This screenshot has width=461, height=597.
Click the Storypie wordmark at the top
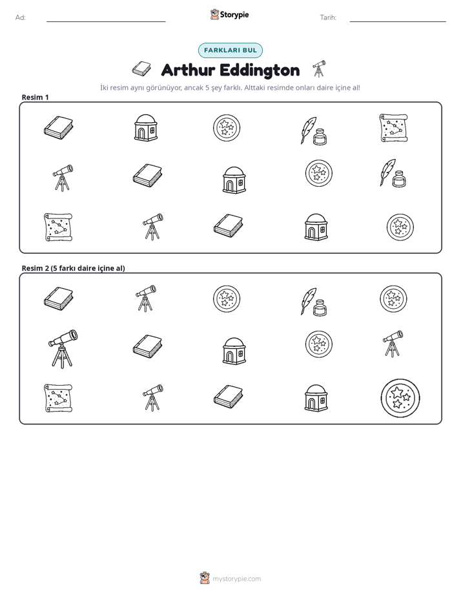pyautogui.click(x=234, y=15)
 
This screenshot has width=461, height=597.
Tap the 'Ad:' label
pyautogui.click(x=21, y=17)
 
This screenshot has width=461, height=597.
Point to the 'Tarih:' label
pyautogui.click(x=328, y=17)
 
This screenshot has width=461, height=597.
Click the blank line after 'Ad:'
pyautogui.click(x=106, y=21)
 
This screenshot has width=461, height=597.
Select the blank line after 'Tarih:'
pyautogui.click(x=398, y=21)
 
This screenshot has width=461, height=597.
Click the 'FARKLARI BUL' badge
pyautogui.click(x=230, y=50)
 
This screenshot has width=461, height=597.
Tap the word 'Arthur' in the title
pyautogui.click(x=188, y=70)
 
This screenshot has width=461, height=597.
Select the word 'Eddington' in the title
pyautogui.click(x=260, y=70)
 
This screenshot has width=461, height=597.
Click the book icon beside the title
pyautogui.click(x=141, y=69)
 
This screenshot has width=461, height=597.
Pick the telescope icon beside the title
pyautogui.click(x=319, y=68)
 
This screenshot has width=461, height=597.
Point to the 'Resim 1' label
pyautogui.click(x=35, y=97)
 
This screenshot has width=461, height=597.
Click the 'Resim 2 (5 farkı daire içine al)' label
pyautogui.click(x=73, y=268)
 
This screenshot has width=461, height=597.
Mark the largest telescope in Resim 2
pyautogui.click(x=63, y=348)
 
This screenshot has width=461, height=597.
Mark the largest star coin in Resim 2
pyautogui.click(x=400, y=398)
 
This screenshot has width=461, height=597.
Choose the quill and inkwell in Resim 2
pyautogui.click(x=314, y=302)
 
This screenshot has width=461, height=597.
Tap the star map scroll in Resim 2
pyautogui.click(x=58, y=398)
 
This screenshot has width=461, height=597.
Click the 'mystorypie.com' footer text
pyautogui.click(x=236, y=579)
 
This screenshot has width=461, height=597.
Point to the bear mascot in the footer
pyautogui.click(x=205, y=578)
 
